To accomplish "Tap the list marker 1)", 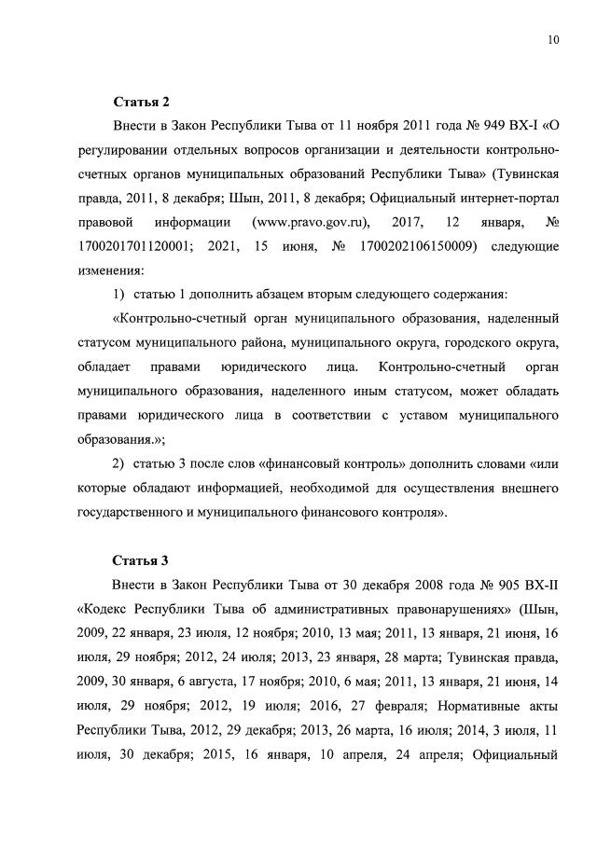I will [x=119, y=295].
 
